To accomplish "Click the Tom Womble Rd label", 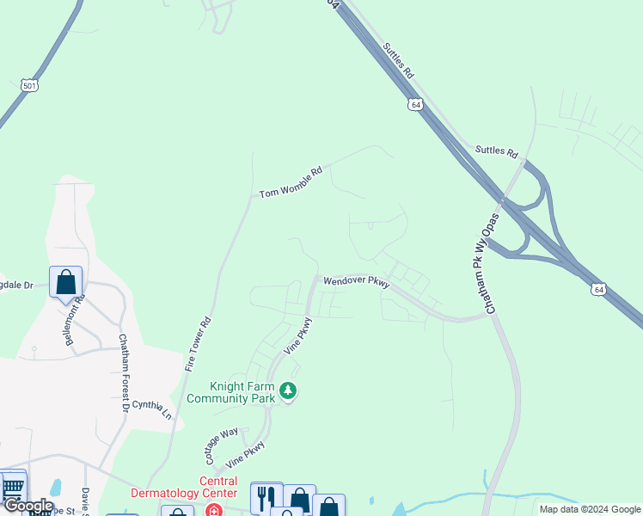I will point(291,182).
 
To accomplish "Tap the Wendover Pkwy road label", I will point(357,281).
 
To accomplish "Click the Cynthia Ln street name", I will point(152,406).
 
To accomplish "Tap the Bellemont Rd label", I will point(76,321).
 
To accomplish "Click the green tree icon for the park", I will point(290,392).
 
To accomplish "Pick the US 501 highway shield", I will point(29,86).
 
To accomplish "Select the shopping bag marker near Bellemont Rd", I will point(66,282).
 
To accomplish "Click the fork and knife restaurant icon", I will point(266,497).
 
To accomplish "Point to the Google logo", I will point(28,506).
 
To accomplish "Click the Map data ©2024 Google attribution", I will point(589,509).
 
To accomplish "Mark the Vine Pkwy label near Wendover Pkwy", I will point(298,336).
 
